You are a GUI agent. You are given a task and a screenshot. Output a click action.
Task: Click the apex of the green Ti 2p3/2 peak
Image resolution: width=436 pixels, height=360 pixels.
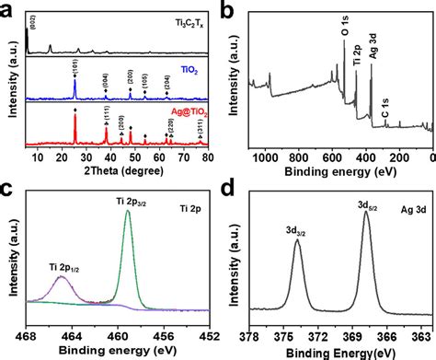tap(127, 212)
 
